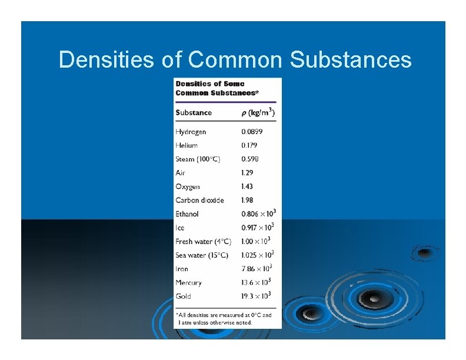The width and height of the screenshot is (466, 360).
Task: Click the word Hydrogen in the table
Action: click(191, 132)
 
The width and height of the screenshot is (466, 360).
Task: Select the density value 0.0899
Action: click(253, 132)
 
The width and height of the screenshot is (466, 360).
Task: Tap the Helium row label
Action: click(187, 145)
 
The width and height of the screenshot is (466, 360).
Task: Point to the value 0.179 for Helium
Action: click(249, 145)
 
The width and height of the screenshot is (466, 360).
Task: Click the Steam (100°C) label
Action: click(198, 159)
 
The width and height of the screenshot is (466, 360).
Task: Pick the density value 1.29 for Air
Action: click(247, 173)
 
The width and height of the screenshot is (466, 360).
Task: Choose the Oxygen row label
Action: click(188, 186)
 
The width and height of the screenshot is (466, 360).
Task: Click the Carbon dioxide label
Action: click(199, 200)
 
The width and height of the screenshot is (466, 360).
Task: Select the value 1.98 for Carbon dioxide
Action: click(247, 200)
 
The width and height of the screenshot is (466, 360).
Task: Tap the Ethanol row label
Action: click(187, 214)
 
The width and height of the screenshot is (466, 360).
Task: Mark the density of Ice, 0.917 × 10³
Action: click(258, 228)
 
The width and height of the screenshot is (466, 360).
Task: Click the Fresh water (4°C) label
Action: click(204, 242)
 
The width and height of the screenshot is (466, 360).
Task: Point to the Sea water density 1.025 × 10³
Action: click(258, 255)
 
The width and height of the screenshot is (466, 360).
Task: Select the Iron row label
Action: click(182, 269)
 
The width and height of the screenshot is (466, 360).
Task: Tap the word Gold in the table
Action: click(183, 296)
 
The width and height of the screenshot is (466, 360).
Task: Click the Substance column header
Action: click(194, 112)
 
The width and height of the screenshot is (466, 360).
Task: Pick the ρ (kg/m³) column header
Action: click(258, 112)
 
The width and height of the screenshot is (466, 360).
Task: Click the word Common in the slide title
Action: click(237, 59)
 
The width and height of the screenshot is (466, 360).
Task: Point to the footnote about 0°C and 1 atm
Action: click(225, 319)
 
